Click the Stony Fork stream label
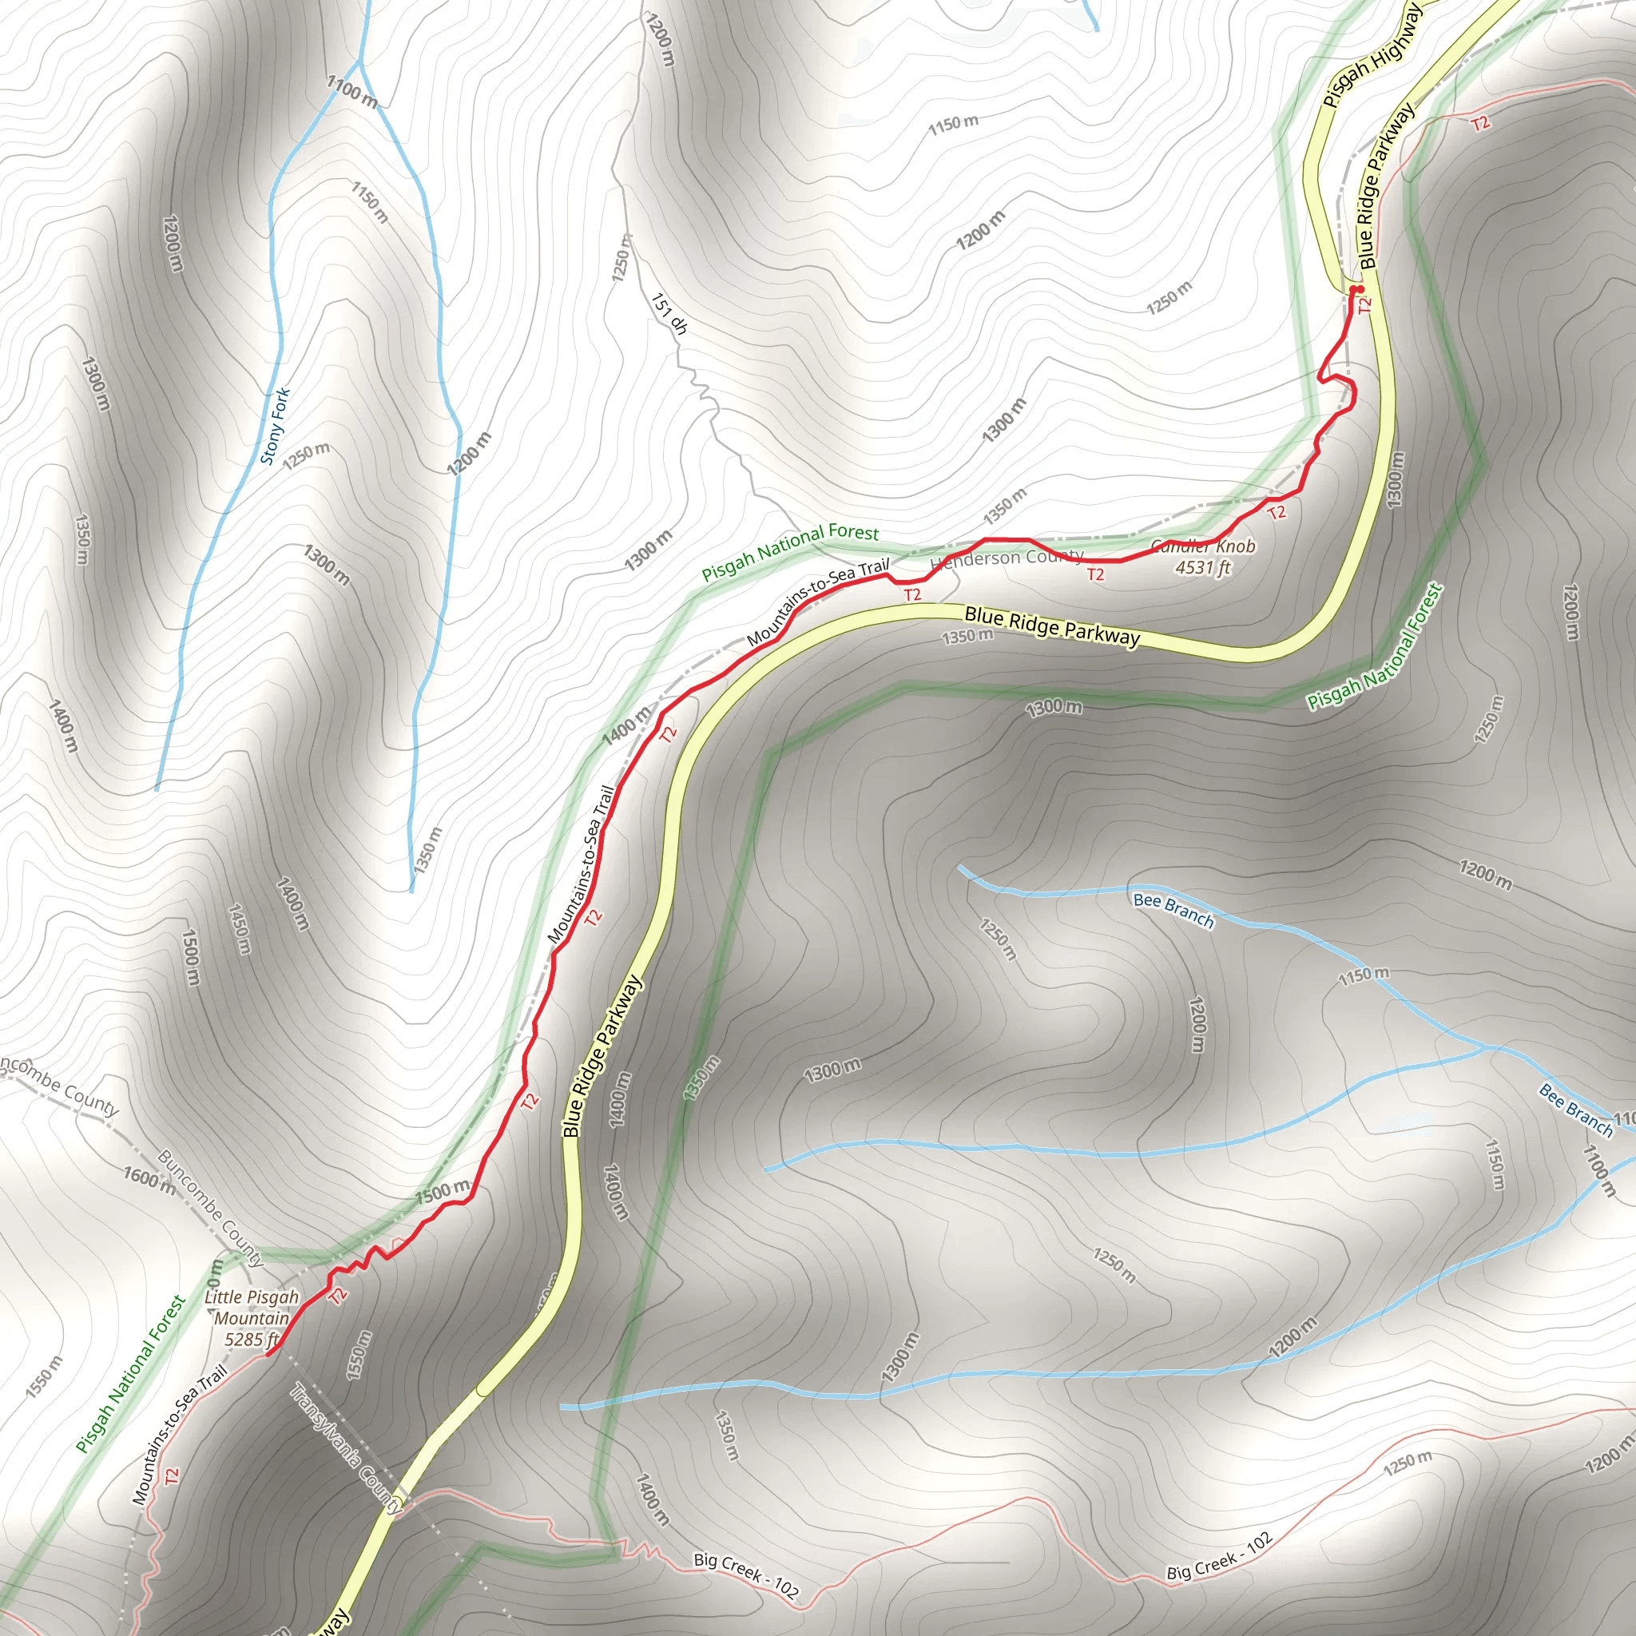click(276, 426)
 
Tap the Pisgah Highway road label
click(1371, 57)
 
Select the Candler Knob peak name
click(1203, 546)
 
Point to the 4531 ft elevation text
click(1202, 567)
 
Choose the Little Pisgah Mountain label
click(252, 1308)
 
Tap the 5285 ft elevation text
click(252, 1339)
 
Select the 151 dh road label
click(669, 313)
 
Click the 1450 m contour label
click(240, 929)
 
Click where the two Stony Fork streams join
click(361, 62)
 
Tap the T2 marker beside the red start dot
click(1364, 305)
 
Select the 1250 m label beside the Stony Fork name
click(307, 455)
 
